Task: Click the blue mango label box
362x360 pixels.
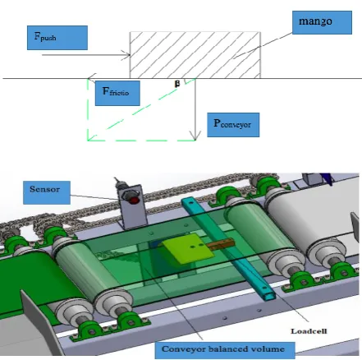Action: coord(322,22)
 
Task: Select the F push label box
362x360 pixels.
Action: coord(57,38)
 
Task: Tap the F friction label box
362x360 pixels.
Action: coord(117,93)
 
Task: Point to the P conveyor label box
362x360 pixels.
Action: coord(233,125)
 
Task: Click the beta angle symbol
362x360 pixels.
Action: coord(177,84)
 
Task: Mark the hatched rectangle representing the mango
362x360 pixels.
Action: coord(195,55)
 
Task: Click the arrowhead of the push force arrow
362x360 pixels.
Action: coord(127,55)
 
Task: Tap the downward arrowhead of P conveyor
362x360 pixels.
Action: coord(195,136)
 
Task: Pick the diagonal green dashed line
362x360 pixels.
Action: coord(141,109)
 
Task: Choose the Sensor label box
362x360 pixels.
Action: coord(47,192)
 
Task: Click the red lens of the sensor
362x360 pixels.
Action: coord(134,201)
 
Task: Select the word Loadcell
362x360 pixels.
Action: coord(309,331)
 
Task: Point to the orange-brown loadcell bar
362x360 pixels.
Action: coord(221,244)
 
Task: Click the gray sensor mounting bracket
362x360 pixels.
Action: coord(133,207)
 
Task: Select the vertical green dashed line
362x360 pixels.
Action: coord(88,109)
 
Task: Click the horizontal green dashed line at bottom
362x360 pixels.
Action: coord(141,141)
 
